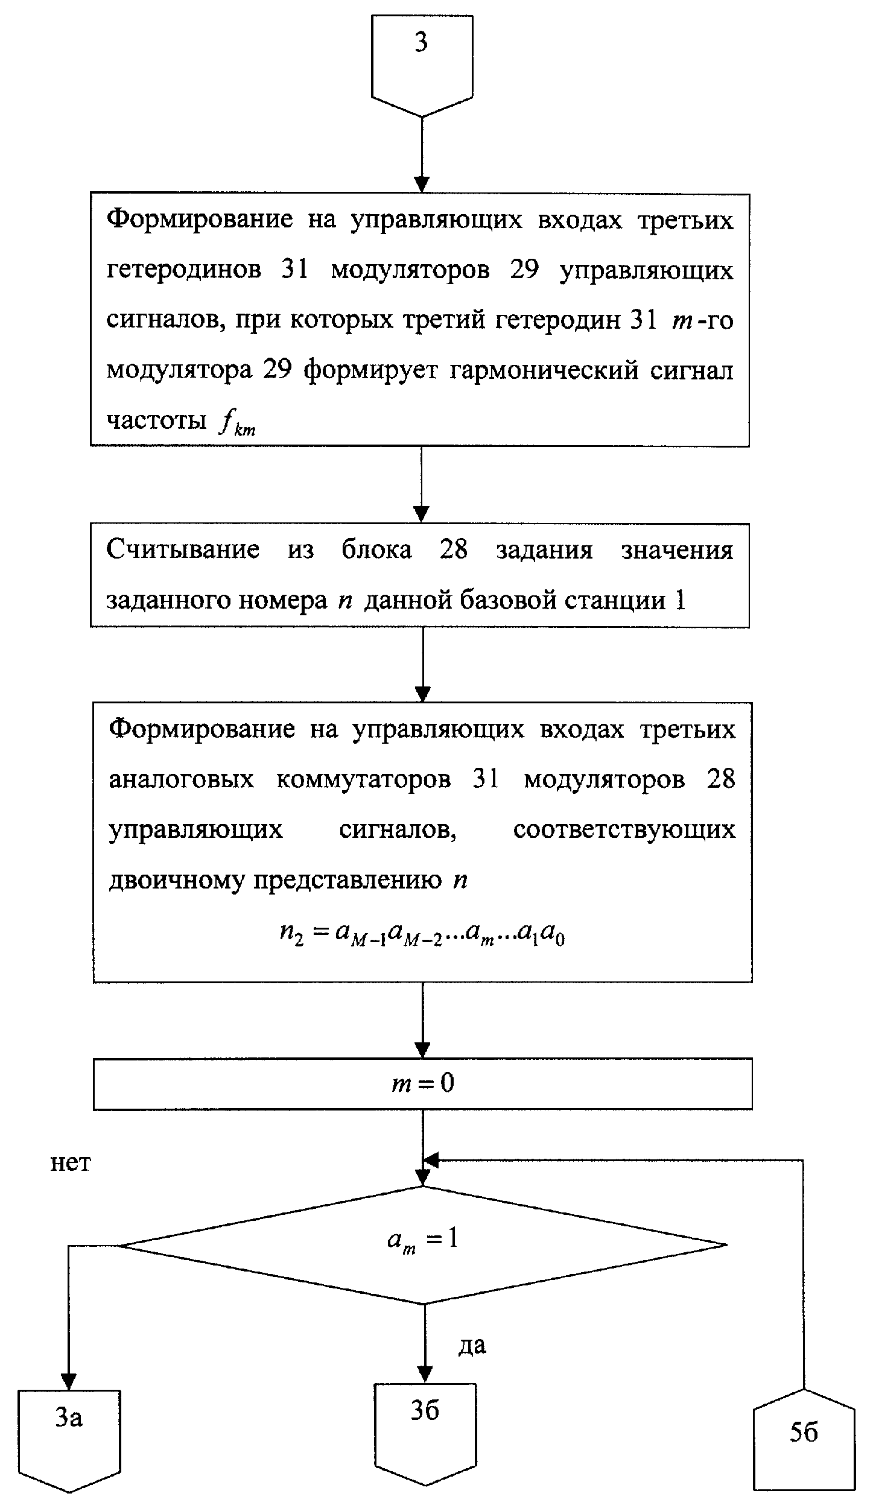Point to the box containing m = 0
[422, 1084]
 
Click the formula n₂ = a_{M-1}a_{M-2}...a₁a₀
[422, 934]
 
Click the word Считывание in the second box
[183, 550]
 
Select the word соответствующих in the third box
[624, 830]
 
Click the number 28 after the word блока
[454, 550]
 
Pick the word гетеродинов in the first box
[184, 270]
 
